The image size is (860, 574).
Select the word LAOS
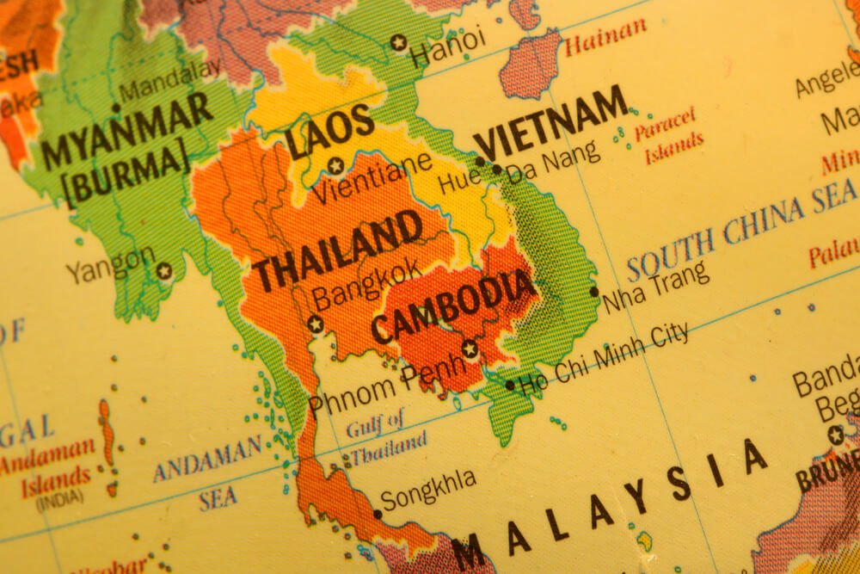pyautogui.click(x=330, y=133)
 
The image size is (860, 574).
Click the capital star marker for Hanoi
pyautogui.click(x=397, y=41)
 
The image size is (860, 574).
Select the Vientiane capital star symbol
pyautogui.click(x=335, y=165)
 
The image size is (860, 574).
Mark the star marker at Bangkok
pyautogui.click(x=316, y=324)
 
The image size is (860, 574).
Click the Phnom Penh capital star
pyautogui.click(x=470, y=349)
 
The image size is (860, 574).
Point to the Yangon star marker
pyautogui.click(x=164, y=271)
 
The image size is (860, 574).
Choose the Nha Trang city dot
pyautogui.click(x=593, y=292)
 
